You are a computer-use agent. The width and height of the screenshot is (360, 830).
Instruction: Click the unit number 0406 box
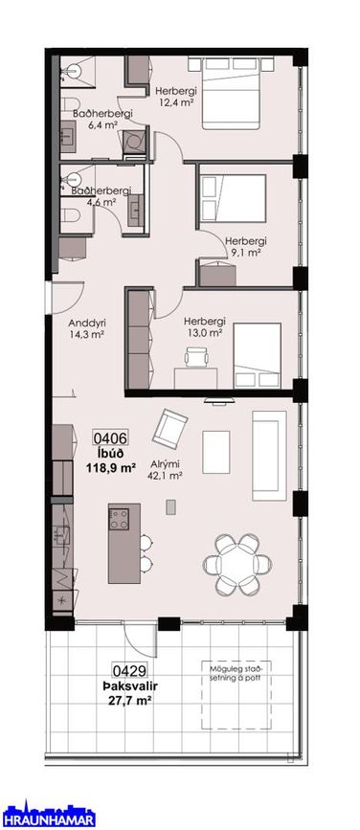coord(111,438)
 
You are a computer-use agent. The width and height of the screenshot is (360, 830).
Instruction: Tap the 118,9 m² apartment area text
coord(111,467)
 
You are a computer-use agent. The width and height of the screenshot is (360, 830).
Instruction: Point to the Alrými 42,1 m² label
coord(166,470)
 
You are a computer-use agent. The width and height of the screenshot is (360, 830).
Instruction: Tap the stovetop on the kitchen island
coord(119,519)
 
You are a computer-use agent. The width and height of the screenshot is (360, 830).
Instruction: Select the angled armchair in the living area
coord(169,427)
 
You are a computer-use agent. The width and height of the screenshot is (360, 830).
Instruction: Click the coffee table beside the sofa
coord(216,452)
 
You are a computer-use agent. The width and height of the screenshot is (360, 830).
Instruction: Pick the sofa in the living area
coord(269,456)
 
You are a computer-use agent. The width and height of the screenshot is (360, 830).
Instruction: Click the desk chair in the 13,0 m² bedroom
coord(197,357)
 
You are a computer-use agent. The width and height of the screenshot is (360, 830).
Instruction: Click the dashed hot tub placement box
coord(236,694)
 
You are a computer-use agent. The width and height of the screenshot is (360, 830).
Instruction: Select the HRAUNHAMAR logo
coord(48,816)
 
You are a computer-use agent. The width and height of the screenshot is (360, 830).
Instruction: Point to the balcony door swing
coord(141,640)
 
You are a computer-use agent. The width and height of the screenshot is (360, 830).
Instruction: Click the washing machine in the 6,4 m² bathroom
coord(134,141)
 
